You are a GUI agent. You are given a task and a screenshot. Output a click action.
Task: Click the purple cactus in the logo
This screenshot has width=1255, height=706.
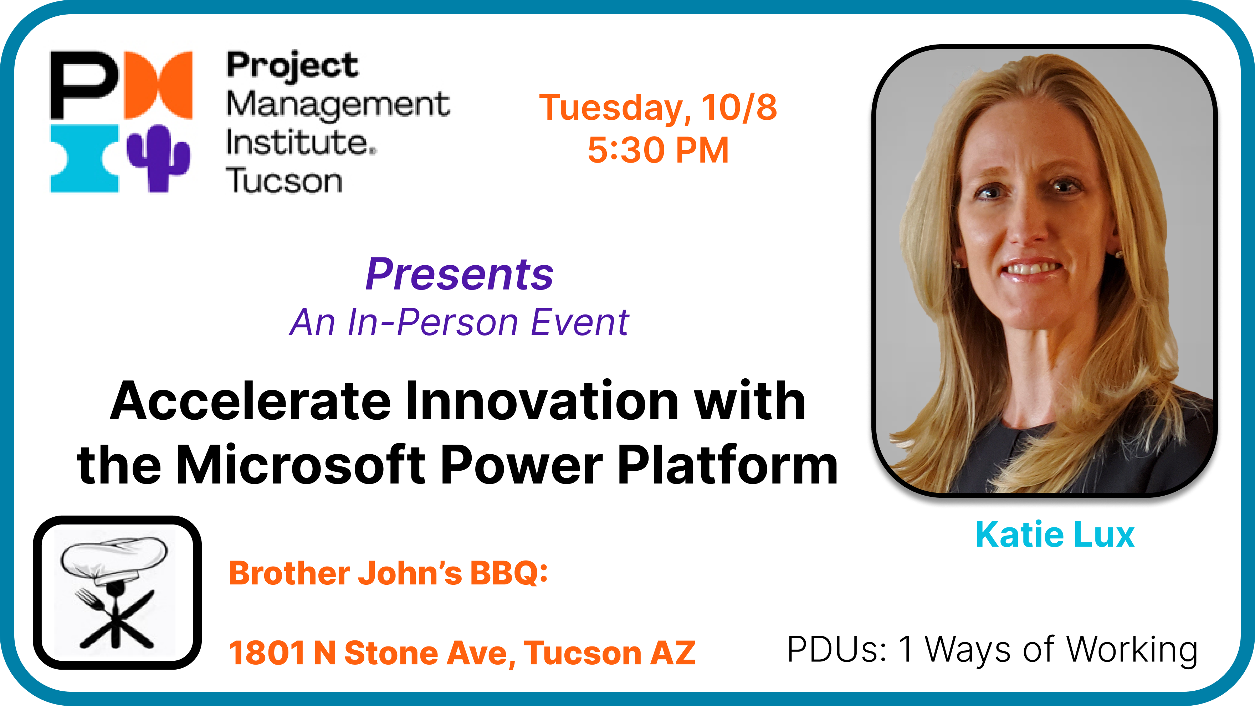tap(158, 158)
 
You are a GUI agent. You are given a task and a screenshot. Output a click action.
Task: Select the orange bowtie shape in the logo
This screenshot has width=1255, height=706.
tap(158, 85)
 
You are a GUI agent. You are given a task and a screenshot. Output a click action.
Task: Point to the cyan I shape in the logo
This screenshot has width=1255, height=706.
tap(84, 158)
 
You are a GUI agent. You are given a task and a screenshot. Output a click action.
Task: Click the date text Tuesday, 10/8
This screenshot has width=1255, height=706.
tap(658, 108)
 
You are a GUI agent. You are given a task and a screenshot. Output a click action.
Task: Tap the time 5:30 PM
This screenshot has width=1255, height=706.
tap(658, 150)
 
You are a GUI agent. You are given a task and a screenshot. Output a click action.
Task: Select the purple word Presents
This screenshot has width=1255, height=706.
tap(460, 274)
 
